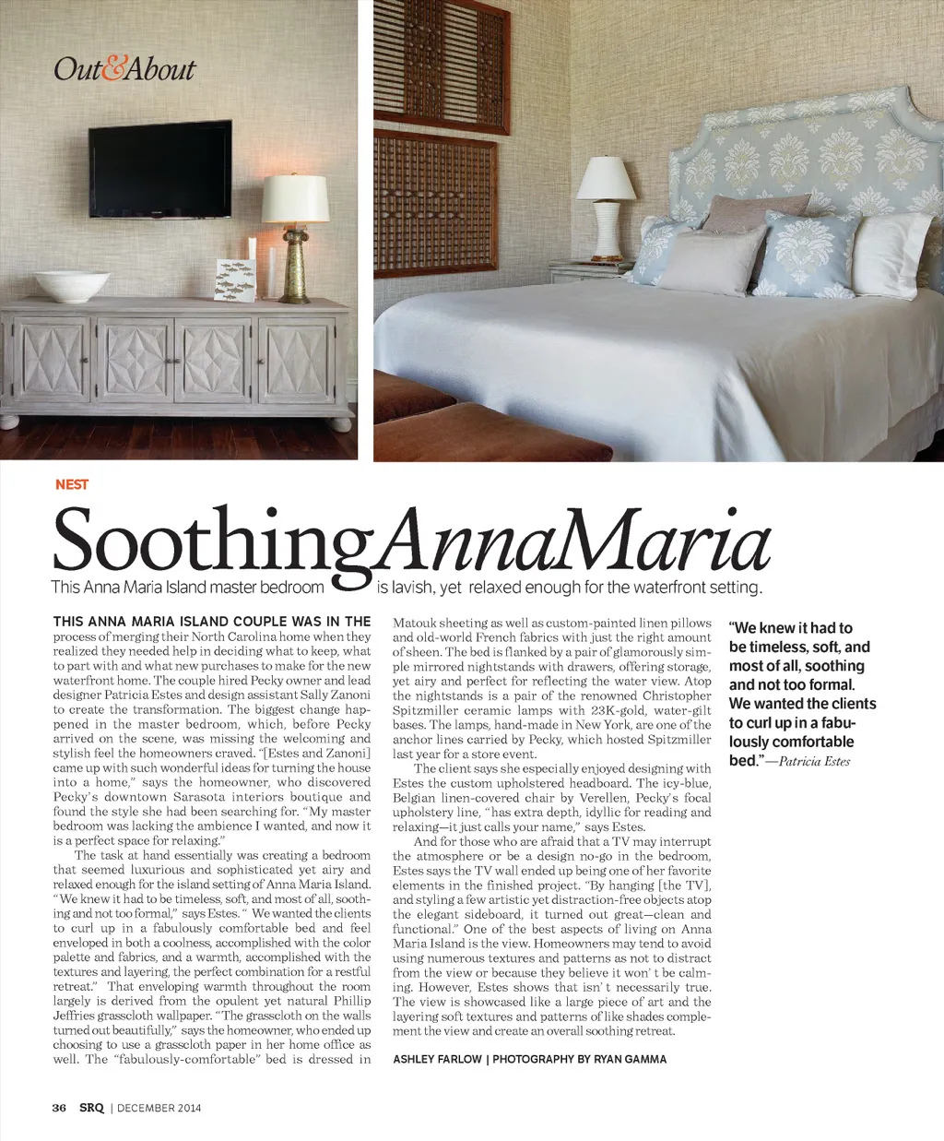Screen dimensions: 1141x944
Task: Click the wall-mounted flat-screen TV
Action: [160, 170]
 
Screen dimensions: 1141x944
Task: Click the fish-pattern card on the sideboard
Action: [233, 279]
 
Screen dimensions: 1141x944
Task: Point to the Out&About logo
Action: [124, 69]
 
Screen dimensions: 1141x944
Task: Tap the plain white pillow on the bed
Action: [889, 254]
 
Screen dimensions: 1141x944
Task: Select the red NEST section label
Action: [72, 484]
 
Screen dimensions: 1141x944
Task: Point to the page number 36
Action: [59, 1108]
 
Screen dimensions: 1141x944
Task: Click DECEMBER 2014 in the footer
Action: [159, 1108]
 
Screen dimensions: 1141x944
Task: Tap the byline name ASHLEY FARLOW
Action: [436, 1059]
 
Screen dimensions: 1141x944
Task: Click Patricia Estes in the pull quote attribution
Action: [814, 761]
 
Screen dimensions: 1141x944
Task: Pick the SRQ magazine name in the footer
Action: [91, 1108]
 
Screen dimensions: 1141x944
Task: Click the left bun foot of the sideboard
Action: [10, 422]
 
